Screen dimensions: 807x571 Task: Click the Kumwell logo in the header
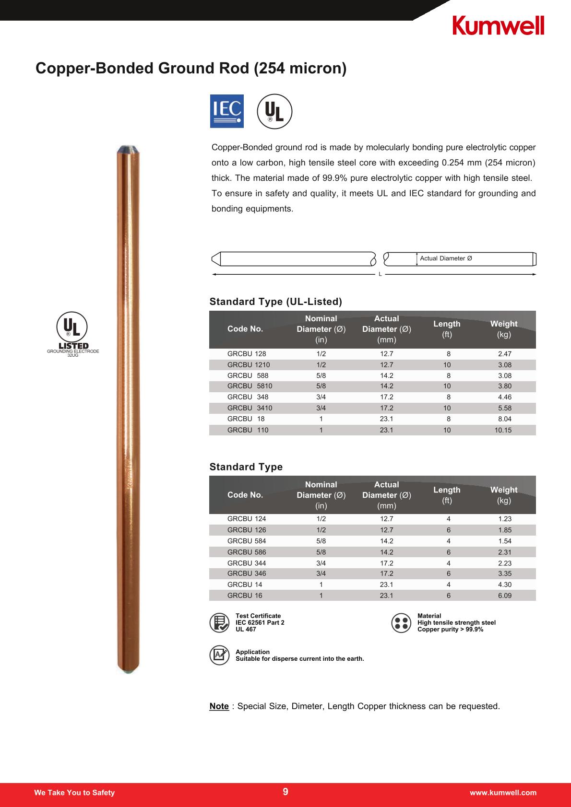(498, 25)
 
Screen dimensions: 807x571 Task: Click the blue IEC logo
(227, 111)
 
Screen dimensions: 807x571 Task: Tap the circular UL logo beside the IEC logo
(274, 111)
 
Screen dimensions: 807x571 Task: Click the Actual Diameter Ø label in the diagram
(446, 258)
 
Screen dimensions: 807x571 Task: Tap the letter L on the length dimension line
(380, 274)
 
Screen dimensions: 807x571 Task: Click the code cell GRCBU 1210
(249, 365)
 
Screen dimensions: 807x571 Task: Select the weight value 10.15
(503, 430)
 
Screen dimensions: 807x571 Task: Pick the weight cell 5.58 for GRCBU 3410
(504, 408)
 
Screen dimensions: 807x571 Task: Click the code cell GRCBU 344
(247, 563)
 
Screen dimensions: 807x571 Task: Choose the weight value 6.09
(504, 596)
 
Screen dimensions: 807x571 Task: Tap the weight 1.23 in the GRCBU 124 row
(504, 519)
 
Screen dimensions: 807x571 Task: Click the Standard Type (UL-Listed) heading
(276, 302)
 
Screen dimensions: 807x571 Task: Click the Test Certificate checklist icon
(219, 622)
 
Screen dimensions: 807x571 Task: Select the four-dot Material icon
(401, 622)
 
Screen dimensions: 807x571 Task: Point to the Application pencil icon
(219, 655)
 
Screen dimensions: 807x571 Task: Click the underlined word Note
(219, 706)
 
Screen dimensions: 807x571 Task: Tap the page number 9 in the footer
(285, 792)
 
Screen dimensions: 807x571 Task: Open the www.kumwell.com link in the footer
(503, 793)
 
